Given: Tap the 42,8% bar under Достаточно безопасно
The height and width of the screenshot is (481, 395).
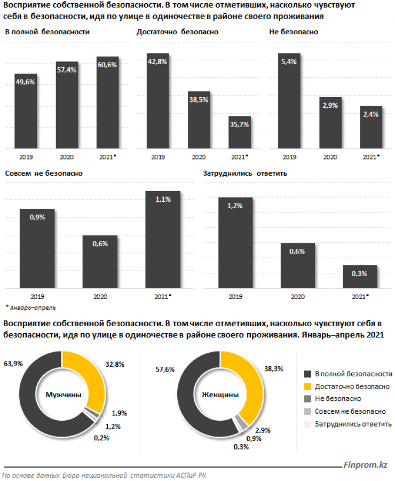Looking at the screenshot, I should (x=158, y=101).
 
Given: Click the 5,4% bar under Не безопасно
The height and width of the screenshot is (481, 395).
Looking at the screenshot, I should (x=289, y=101).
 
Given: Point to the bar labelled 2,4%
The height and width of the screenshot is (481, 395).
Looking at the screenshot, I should (x=371, y=128).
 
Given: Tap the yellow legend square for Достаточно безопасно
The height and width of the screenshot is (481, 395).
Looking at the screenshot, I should (x=307, y=386).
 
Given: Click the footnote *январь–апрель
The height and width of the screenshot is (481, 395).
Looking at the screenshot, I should (x=30, y=307).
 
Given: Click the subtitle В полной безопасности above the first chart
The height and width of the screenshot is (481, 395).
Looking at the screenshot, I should (x=47, y=32).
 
